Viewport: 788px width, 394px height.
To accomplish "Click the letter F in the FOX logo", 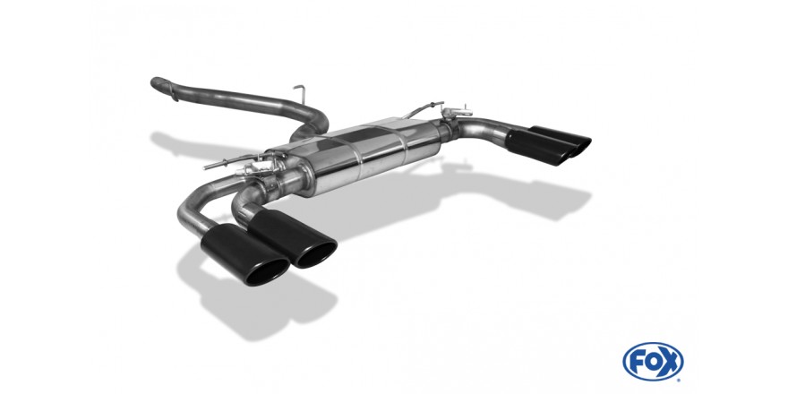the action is [x=635, y=362].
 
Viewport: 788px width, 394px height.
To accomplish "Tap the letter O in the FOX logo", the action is [x=652, y=362].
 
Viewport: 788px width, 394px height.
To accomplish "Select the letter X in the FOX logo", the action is [x=671, y=362].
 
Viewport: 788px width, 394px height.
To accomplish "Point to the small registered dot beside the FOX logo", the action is [x=681, y=380].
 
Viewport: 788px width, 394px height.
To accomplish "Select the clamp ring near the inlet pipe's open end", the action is [x=173, y=90].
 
